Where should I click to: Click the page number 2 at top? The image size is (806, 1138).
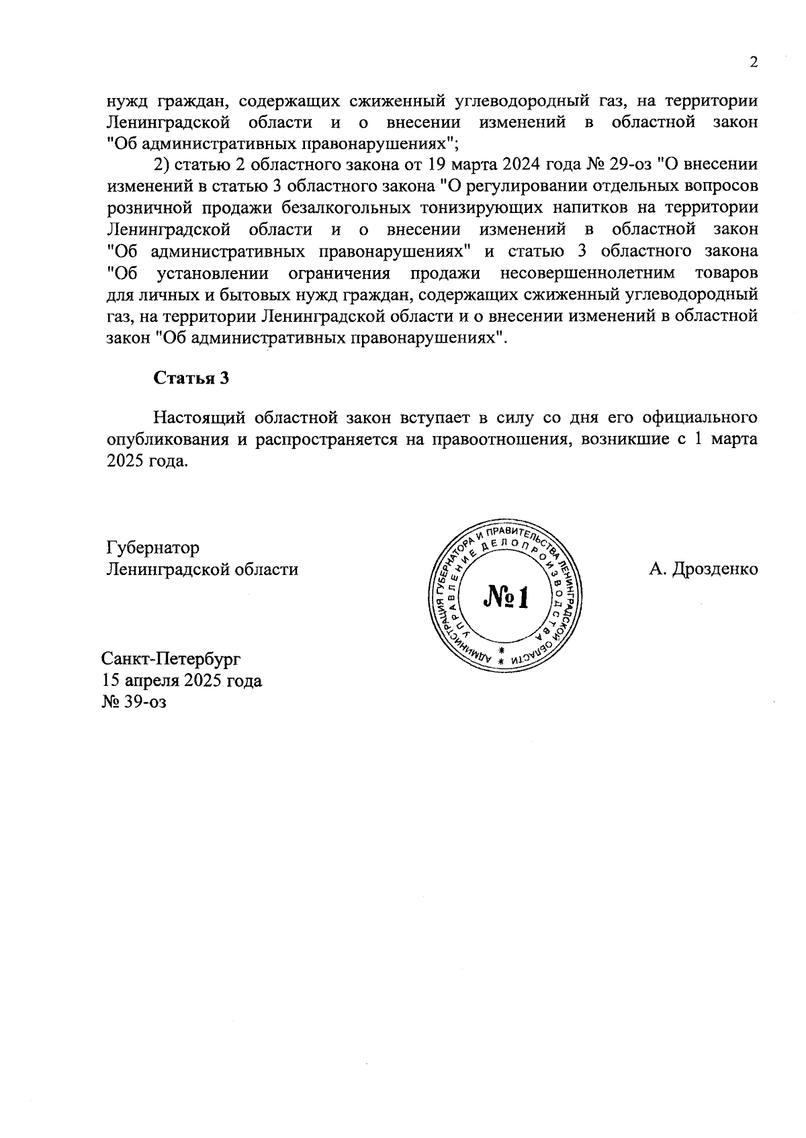click(754, 62)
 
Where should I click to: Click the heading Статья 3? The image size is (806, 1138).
click(191, 378)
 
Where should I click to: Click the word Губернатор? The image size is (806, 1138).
click(153, 548)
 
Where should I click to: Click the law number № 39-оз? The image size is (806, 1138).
click(134, 702)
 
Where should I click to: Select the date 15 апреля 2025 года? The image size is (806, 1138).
click(181, 681)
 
